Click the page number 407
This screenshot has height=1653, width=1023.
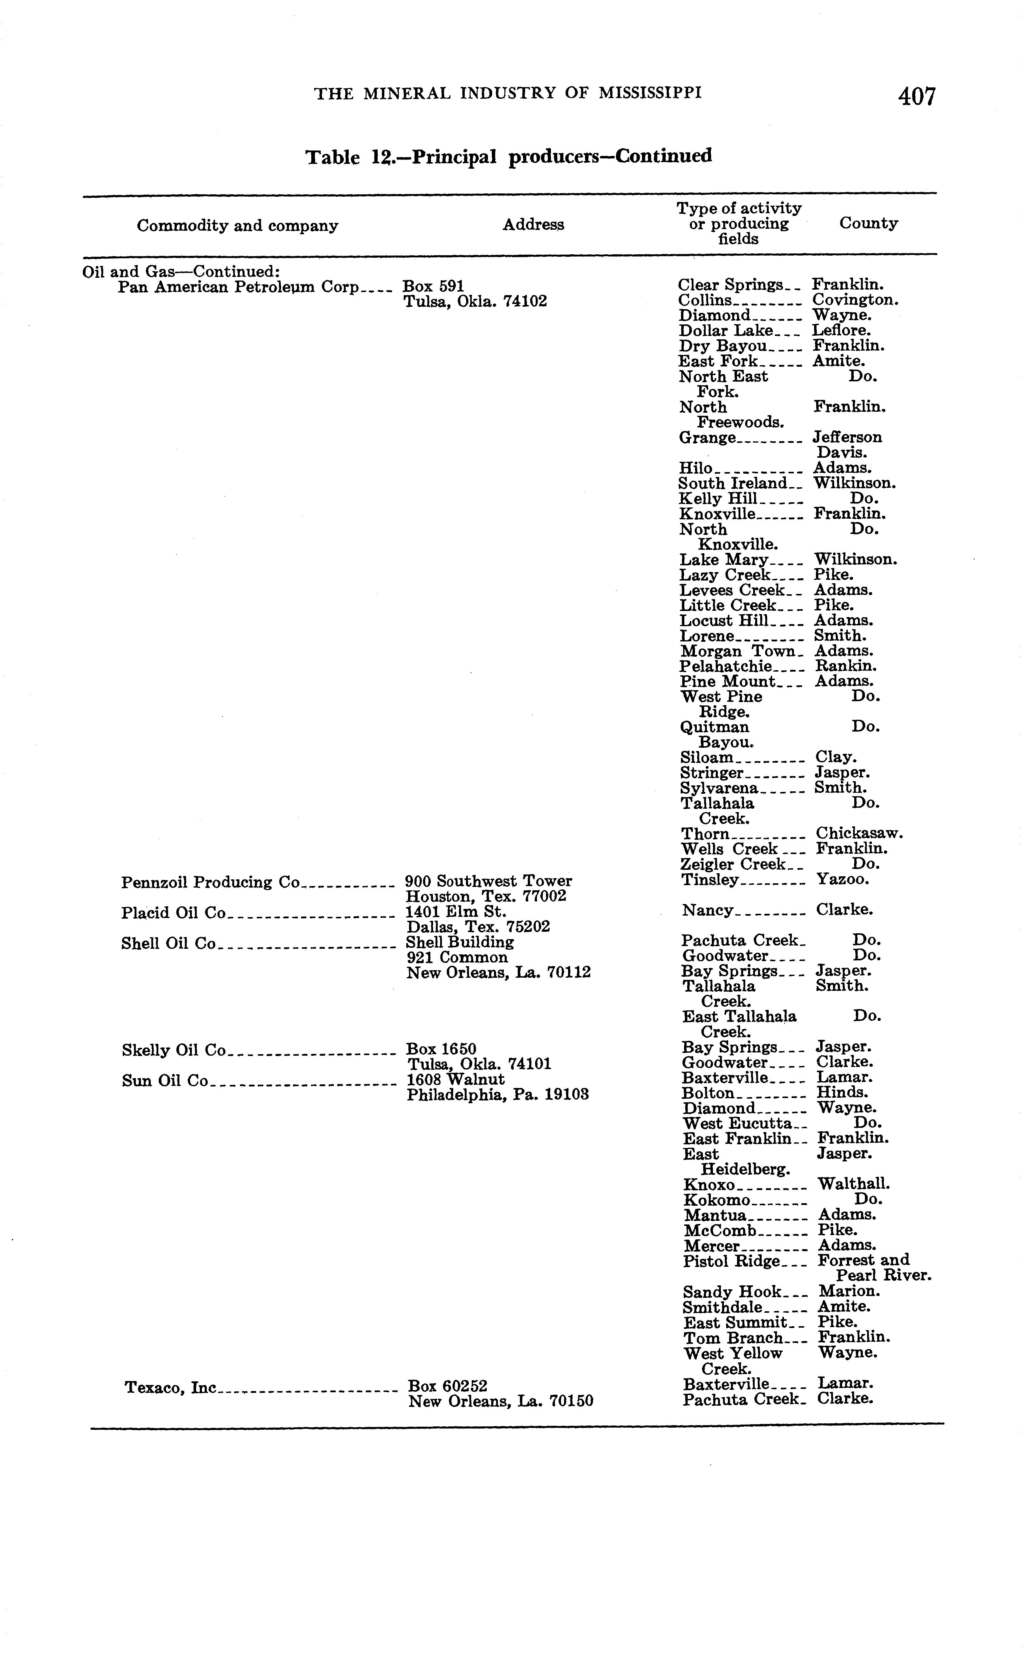click(x=917, y=97)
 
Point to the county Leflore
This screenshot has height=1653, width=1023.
click(x=841, y=331)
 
